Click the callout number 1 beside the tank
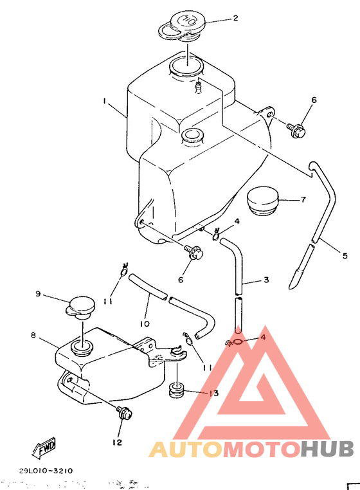tap(103, 101)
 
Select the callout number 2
tap(235, 19)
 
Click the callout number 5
tap(345, 256)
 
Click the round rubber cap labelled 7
tap(264, 202)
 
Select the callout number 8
tap(33, 335)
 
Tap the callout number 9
tap(38, 294)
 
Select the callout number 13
tap(213, 394)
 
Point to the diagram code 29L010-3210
tap(46, 471)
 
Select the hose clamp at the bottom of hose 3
tap(235, 343)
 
